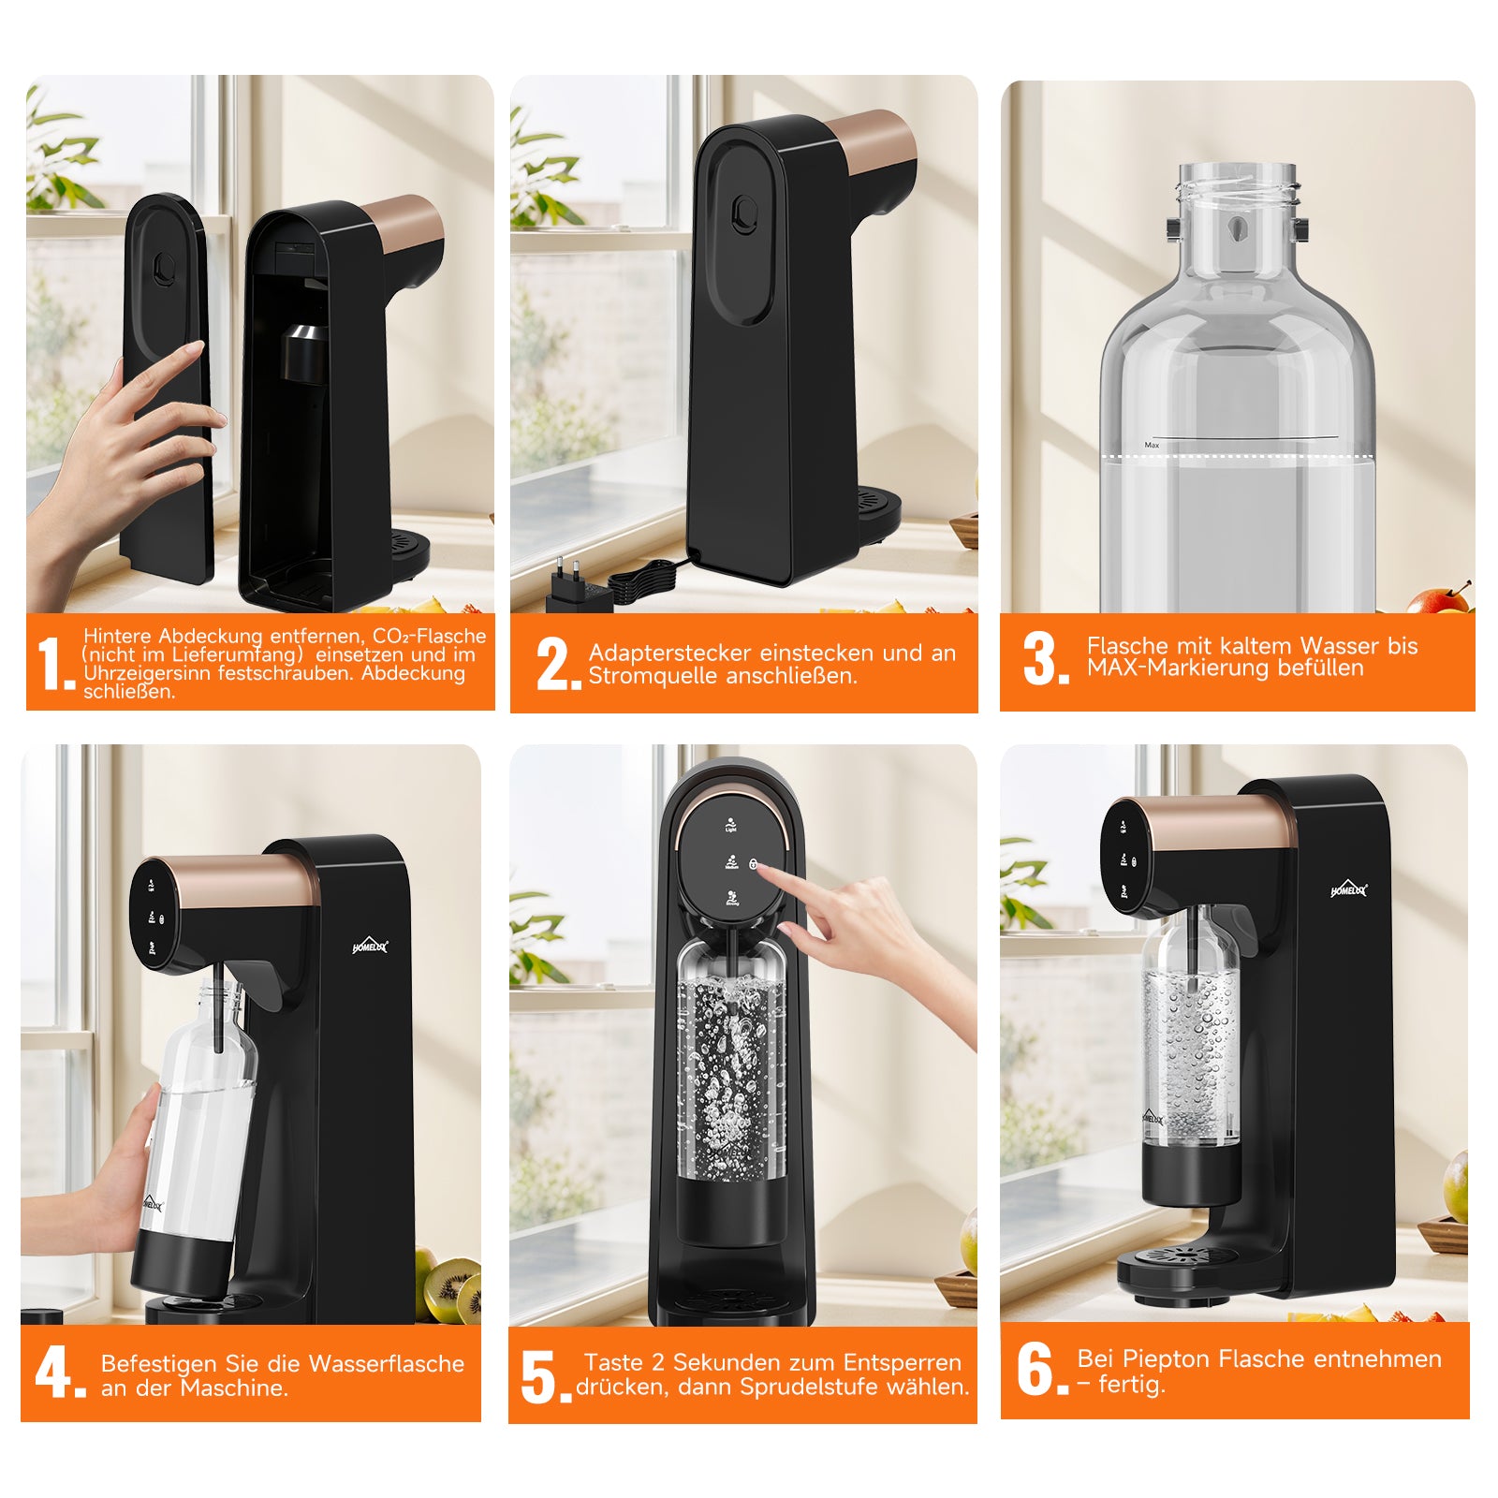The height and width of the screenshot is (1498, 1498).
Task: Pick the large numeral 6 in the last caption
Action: click(x=1035, y=1369)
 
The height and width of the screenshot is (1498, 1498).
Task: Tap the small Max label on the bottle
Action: click(x=1152, y=446)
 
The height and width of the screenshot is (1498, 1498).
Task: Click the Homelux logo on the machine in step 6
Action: click(x=1348, y=889)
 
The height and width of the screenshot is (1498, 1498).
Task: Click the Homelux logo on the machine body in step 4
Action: click(x=370, y=947)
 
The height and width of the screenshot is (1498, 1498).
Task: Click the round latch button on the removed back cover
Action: click(x=164, y=270)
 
